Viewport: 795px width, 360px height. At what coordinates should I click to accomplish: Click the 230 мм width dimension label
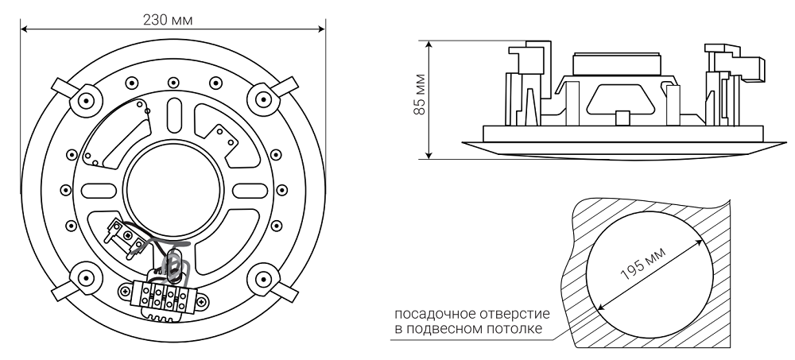[172, 18]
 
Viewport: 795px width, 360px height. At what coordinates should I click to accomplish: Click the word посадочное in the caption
[436, 315]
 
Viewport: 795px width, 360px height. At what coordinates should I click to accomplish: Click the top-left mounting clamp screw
[83, 99]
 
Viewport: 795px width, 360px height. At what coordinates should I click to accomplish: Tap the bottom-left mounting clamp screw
[83, 277]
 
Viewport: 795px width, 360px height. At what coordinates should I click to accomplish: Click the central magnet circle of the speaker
[172, 188]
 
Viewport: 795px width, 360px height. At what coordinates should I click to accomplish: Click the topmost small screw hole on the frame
[172, 81]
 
